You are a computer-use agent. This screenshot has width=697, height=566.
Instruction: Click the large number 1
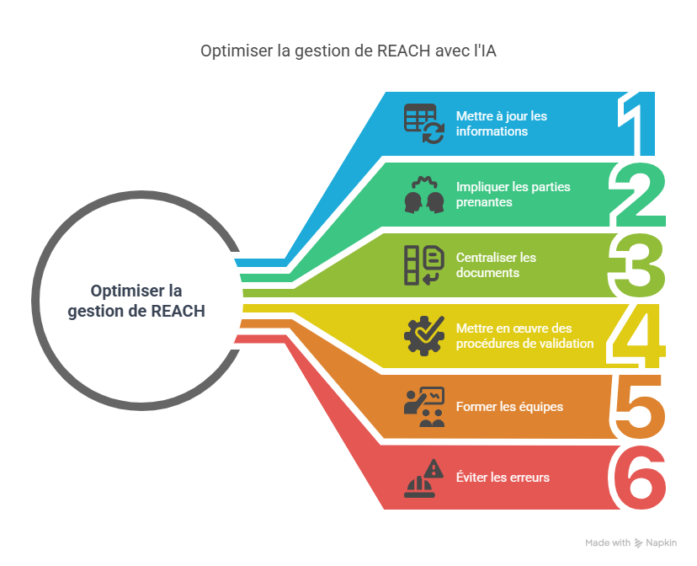tap(641, 124)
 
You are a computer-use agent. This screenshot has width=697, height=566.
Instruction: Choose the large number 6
tap(639, 477)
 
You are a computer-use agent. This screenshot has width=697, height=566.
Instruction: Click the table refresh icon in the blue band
tap(423, 124)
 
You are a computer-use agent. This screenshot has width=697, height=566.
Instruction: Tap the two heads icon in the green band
tap(423, 195)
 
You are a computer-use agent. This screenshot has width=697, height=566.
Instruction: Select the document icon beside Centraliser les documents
tap(423, 265)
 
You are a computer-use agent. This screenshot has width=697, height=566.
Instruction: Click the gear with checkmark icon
tap(423, 335)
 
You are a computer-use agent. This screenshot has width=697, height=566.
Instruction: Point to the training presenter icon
tap(423, 407)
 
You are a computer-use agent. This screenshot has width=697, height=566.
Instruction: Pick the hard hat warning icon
tap(423, 478)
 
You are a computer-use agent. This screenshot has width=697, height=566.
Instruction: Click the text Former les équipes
tap(509, 407)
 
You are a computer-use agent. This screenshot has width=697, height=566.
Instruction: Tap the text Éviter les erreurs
tap(503, 478)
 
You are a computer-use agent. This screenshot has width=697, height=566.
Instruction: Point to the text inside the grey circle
tap(136, 301)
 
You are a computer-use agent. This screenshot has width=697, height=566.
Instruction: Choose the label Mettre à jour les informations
tap(502, 124)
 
